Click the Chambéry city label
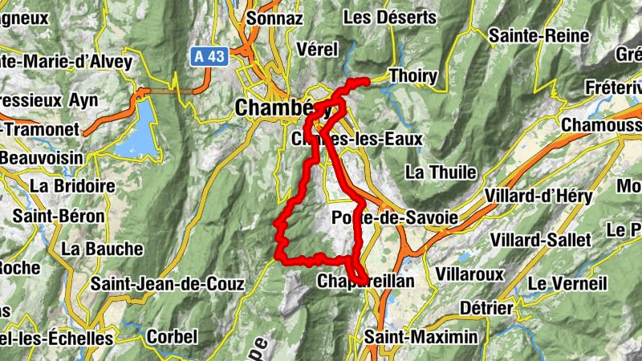pos(274,107)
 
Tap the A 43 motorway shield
pos(209,57)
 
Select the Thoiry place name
pos(412,76)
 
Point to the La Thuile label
pos(441,172)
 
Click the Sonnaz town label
pos(274,17)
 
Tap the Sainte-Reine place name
pos(527,35)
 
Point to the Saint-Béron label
pos(59,217)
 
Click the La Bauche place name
pos(102,249)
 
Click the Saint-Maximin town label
pos(420,337)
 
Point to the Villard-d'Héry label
pos(538,197)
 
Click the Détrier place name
pos(486,308)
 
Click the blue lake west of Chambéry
pos(136,128)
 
